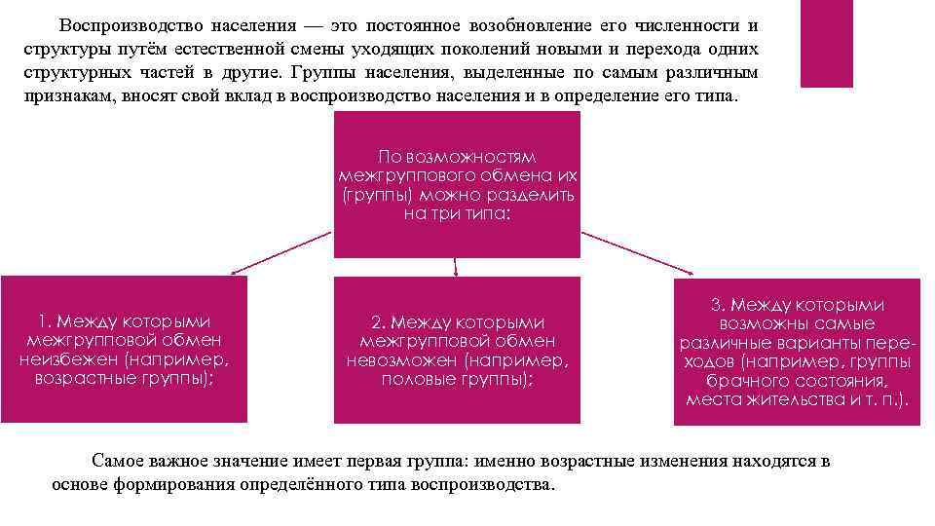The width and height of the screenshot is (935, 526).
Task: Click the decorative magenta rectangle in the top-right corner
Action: [825, 44]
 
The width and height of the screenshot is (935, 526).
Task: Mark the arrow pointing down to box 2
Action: [456, 266]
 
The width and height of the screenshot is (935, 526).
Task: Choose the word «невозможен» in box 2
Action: [402, 360]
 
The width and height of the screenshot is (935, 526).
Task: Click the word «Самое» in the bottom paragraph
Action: [116, 462]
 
